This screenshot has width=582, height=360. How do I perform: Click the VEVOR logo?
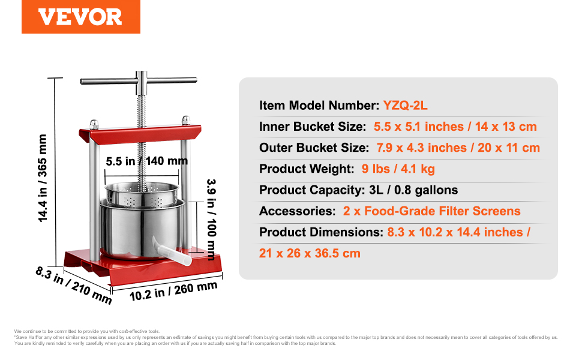coord(80,17)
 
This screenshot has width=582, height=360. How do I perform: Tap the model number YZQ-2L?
coord(405,106)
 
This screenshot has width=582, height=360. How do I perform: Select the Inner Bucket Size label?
coord(313,127)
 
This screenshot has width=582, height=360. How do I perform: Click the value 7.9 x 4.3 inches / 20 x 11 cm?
coord(458,148)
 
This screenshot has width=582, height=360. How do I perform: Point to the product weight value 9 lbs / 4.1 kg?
coord(398,169)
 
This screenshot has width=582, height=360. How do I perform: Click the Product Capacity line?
coord(359,190)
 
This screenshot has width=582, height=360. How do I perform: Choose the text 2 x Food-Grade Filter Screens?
coord(431,211)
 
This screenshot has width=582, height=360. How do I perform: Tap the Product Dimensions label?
coord(321,232)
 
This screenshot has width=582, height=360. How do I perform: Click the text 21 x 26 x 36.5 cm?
coord(310,253)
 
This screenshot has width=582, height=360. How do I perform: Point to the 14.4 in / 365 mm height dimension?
coord(43,179)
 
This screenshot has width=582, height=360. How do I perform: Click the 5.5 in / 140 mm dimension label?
coord(146,161)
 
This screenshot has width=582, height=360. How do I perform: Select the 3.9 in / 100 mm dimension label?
coord(211,220)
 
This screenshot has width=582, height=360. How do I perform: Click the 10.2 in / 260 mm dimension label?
coord(173,291)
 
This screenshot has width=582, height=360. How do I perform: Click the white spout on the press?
coord(172,251)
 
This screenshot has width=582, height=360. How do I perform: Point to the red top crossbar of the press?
coord(140,134)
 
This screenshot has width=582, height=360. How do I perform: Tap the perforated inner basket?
coord(142,194)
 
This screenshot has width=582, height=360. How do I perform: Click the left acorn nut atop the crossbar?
coord(94,124)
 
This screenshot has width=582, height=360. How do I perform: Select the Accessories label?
coord(298,211)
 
